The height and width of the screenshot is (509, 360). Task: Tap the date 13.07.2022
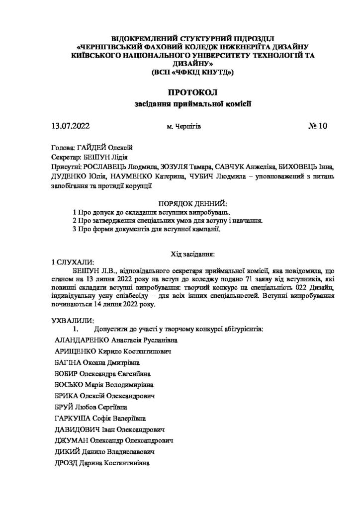point(70,126)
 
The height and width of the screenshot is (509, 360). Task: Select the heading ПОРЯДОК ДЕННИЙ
point(192,204)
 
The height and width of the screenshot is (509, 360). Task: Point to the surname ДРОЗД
point(66,463)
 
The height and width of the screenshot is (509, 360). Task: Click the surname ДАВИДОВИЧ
point(76,429)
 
